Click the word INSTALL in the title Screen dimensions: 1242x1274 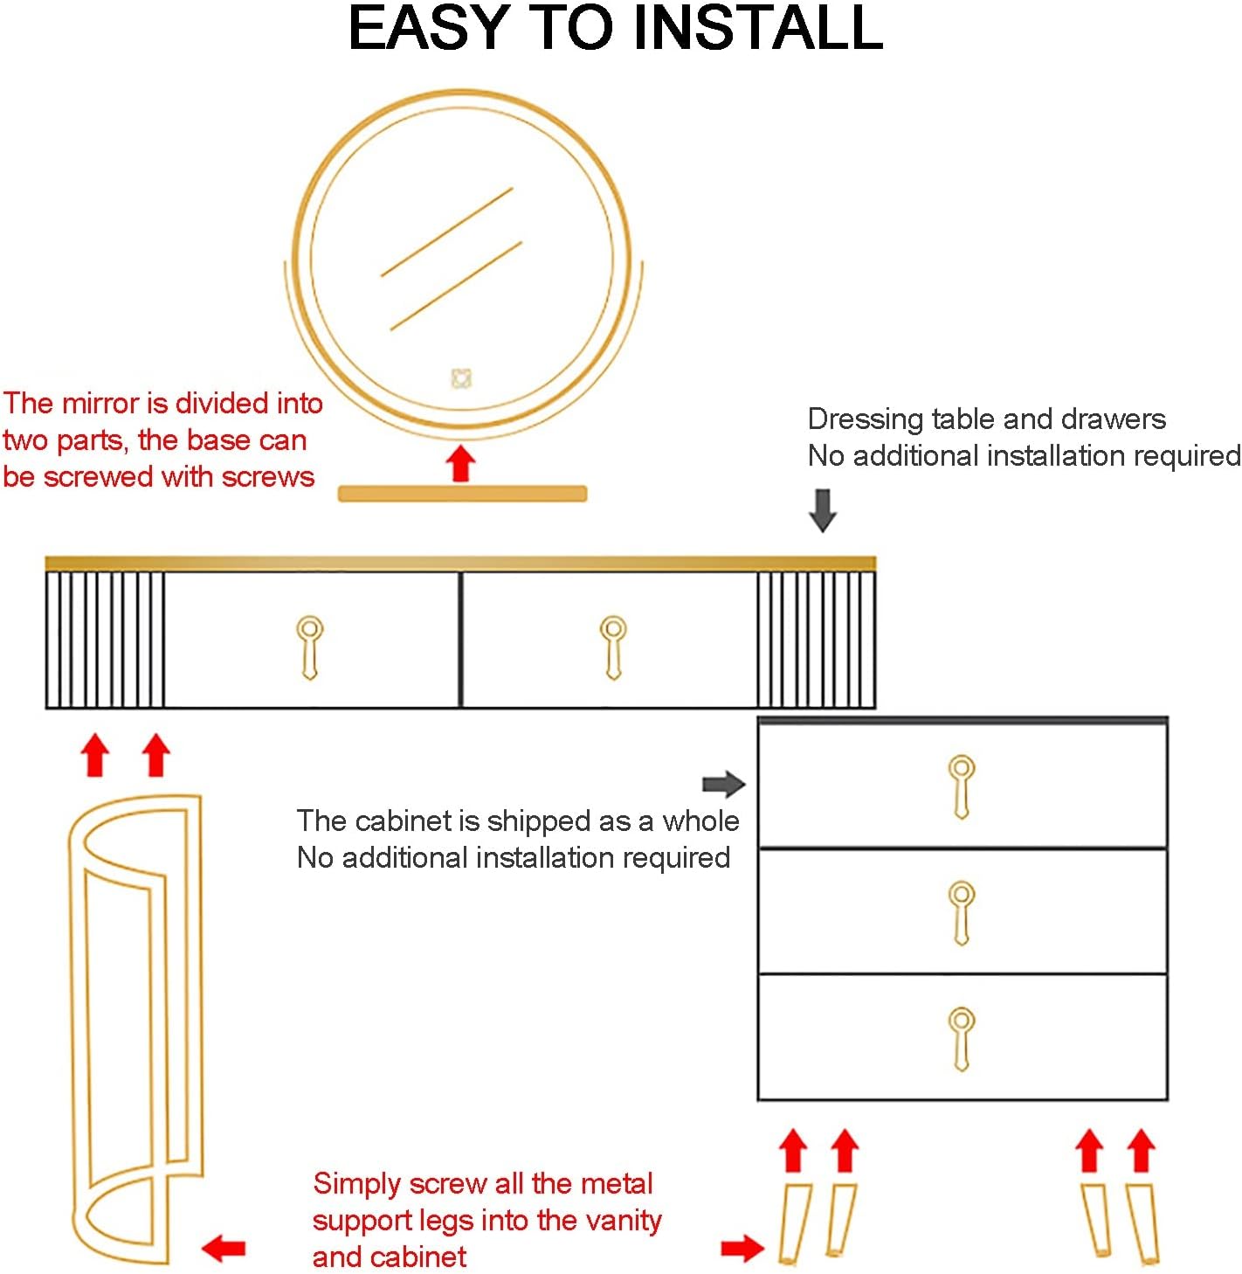(x=757, y=28)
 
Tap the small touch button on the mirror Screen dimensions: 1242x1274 (x=461, y=378)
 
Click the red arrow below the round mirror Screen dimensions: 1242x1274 (x=461, y=463)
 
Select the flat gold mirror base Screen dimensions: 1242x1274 (x=462, y=494)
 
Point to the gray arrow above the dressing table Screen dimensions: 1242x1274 (x=823, y=509)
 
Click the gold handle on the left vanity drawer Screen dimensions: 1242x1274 (x=309, y=647)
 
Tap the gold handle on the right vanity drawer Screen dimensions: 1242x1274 (x=613, y=647)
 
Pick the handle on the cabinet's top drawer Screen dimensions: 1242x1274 (x=962, y=786)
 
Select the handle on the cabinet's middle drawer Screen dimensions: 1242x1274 (x=962, y=912)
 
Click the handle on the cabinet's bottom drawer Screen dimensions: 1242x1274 (x=962, y=1038)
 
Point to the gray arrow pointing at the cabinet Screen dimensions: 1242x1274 (x=723, y=784)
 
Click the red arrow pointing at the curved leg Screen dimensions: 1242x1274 (x=224, y=1248)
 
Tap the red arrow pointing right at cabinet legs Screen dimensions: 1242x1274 (x=742, y=1248)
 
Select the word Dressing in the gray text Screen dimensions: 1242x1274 (x=866, y=419)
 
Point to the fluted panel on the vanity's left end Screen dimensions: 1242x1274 (x=106, y=640)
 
